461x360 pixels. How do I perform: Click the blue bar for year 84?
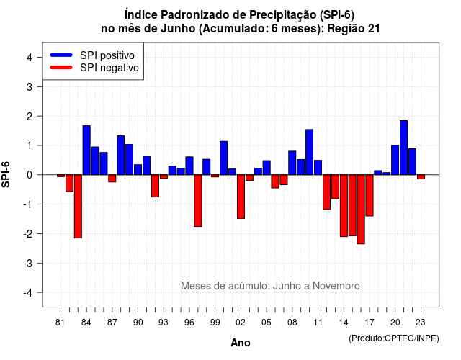tap(86, 150)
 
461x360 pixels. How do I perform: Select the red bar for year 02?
tap(241, 197)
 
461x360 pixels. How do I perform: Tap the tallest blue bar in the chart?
tap(403, 148)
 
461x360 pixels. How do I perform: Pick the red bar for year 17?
tap(370, 195)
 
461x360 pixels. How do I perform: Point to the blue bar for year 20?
tap(395, 160)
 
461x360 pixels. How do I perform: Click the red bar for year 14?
tap(344, 206)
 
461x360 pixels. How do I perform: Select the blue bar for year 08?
tap(292, 163)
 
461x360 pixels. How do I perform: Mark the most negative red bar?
tap(361, 210)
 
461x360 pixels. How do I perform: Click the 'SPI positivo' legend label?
tap(107, 55)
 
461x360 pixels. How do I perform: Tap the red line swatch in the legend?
tap(61, 68)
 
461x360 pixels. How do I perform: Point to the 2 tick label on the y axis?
tap(30, 117)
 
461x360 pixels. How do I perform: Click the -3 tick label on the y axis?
tap(27, 264)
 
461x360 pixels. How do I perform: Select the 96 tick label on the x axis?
tap(189, 323)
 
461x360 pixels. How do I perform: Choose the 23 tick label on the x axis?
tap(421, 323)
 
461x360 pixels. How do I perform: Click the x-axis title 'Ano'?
tap(241, 343)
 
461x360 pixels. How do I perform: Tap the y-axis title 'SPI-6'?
tap(6, 174)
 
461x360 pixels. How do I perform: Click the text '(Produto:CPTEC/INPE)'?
tap(394, 338)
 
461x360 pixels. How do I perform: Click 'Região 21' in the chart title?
tap(354, 29)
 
